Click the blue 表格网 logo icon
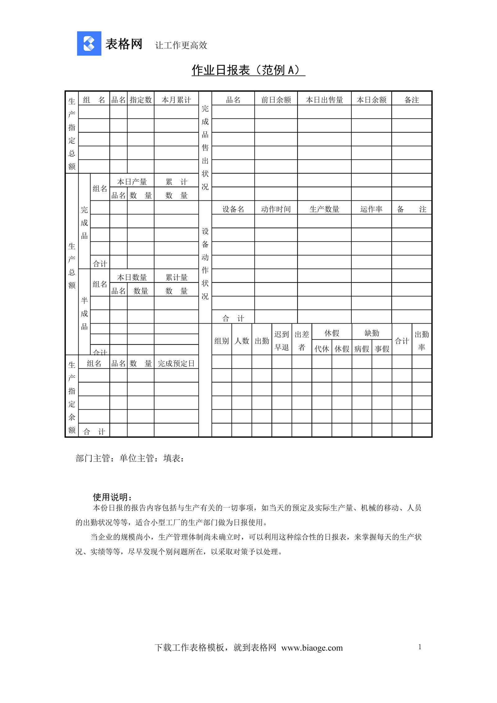point(89,44)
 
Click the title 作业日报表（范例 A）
point(248,70)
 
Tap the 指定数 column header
point(141,100)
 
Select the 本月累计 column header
point(176,100)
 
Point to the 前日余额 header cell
point(276,100)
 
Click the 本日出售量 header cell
point(324,100)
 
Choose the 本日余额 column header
point(372,100)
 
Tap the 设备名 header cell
point(233,209)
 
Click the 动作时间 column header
point(276,209)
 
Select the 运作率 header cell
point(371,209)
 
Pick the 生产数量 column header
point(324,209)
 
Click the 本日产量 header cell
point(132,182)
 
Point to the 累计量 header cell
point(176,277)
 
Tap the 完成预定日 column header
point(176,363)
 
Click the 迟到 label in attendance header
point(281,334)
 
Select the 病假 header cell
point(362,349)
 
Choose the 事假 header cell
point(382,349)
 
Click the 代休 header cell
point(321,349)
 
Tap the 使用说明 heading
point(112,497)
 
